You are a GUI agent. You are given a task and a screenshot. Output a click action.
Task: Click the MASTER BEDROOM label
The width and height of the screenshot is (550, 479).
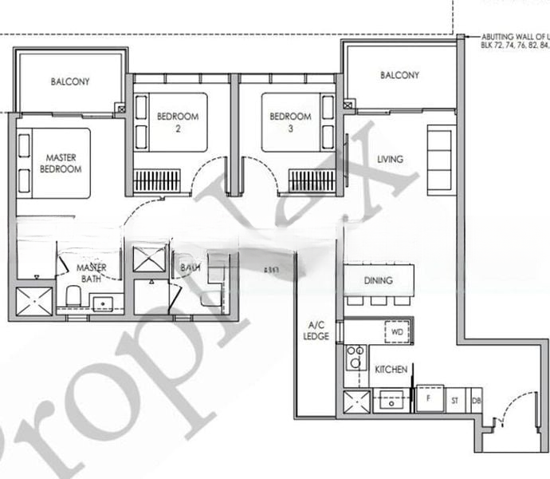click(62, 164)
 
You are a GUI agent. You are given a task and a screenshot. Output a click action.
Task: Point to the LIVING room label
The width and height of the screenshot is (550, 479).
click(390, 159)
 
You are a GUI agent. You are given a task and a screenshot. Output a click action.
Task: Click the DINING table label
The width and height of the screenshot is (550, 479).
click(378, 280)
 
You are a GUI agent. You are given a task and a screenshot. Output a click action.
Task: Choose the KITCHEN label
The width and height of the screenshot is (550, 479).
click(391, 370)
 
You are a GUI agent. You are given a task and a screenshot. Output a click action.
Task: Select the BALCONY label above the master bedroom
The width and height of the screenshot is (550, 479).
click(70, 81)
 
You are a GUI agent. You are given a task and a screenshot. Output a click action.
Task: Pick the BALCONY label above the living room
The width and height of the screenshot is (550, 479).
click(399, 75)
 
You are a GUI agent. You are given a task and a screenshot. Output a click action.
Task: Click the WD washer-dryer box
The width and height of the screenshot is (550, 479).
click(396, 331)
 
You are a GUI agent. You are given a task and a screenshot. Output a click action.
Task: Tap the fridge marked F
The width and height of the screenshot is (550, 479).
click(430, 398)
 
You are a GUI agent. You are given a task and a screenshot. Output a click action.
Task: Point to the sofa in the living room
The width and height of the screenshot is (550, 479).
click(439, 160)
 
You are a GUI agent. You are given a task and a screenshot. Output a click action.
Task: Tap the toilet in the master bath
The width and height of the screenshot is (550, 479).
click(72, 296)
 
